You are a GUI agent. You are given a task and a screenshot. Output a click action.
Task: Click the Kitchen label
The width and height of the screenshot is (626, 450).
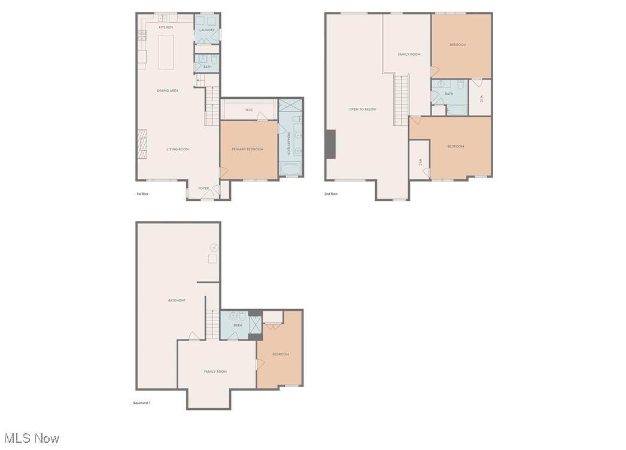166,28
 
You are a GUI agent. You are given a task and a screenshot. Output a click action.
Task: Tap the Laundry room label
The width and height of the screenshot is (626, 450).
207,30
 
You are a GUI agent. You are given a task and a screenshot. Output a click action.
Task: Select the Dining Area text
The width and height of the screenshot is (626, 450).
168,90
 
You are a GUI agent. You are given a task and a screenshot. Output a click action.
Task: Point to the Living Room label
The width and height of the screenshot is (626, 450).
178,149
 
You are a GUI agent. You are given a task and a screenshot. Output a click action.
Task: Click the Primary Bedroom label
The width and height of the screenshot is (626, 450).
247,149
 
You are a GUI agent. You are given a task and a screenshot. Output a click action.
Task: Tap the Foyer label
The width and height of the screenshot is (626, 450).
204,188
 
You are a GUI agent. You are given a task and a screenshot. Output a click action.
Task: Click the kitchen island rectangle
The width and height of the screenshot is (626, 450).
166,52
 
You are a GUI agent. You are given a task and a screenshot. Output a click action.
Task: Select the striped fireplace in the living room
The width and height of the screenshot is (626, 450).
142,144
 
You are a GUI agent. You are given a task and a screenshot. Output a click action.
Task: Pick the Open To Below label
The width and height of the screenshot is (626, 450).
363,109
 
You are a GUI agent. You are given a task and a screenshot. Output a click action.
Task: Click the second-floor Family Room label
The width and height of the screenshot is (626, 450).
409,55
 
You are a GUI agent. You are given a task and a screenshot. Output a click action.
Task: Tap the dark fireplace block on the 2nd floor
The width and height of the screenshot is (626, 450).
330,144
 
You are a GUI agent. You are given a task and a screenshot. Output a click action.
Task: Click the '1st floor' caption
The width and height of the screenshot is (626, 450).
142,194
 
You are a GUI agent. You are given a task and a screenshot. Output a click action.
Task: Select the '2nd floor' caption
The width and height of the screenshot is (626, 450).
331,194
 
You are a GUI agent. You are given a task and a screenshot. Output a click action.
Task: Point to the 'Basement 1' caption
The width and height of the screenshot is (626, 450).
142,403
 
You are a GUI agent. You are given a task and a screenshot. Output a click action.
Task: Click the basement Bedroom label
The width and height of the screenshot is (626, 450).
281,354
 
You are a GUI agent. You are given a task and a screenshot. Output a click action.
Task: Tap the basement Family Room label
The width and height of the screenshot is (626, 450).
215,372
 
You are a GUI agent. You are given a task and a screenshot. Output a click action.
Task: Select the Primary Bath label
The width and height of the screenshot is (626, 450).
289,144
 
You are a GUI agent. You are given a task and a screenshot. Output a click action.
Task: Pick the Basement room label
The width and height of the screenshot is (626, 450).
177,300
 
